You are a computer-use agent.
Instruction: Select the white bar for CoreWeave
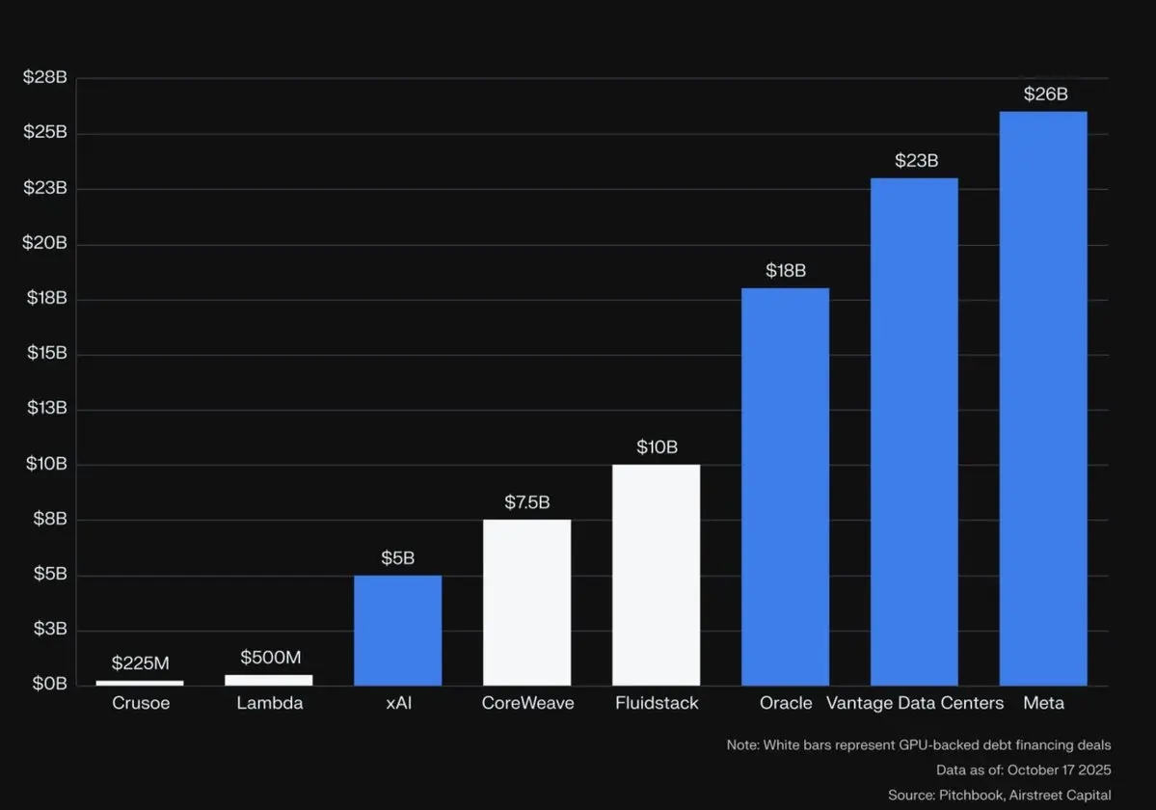point(526,602)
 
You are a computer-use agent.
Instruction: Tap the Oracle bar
point(785,486)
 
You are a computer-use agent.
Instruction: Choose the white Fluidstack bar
point(656,575)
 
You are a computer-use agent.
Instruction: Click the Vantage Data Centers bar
point(914,431)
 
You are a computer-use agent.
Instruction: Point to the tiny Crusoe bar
point(140,682)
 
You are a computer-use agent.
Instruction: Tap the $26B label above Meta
point(1046,94)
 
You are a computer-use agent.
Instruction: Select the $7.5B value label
point(527,502)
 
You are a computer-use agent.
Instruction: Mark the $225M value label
point(141,663)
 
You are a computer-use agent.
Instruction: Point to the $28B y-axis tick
point(45,77)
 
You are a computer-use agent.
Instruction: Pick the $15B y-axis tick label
point(45,353)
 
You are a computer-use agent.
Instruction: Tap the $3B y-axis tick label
point(48,629)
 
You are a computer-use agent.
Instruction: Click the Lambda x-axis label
point(270,703)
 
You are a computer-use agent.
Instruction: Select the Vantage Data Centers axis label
point(915,703)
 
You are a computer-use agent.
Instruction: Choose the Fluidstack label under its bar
point(657,703)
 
